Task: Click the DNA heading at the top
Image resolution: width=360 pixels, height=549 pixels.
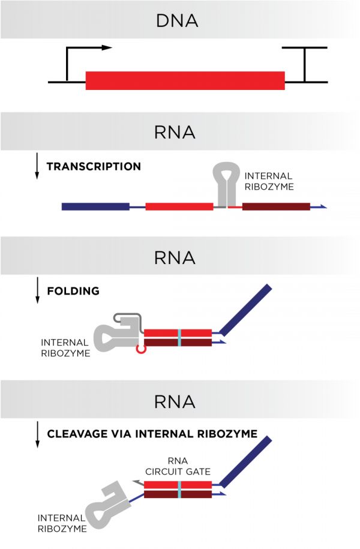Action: pyautogui.click(x=176, y=22)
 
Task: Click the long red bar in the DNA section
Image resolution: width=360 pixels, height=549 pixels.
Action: pyautogui.click(x=185, y=81)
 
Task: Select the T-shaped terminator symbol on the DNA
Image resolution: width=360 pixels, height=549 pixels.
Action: pyautogui.click(x=304, y=63)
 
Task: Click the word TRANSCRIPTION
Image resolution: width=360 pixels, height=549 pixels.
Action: pyautogui.click(x=94, y=166)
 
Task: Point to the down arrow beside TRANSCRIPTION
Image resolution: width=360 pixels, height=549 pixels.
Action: pyautogui.click(x=37, y=166)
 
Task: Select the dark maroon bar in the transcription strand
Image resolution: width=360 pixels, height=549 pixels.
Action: pyautogui.click(x=276, y=206)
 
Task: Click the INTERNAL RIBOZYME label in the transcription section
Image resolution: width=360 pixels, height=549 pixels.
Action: pyautogui.click(x=268, y=181)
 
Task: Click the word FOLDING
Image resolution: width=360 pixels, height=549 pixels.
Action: pyautogui.click(x=73, y=291)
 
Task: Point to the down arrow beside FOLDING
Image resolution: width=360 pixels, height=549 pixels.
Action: pyautogui.click(x=37, y=291)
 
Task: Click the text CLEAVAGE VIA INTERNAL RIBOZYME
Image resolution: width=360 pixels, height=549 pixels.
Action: pyautogui.click(x=152, y=433)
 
